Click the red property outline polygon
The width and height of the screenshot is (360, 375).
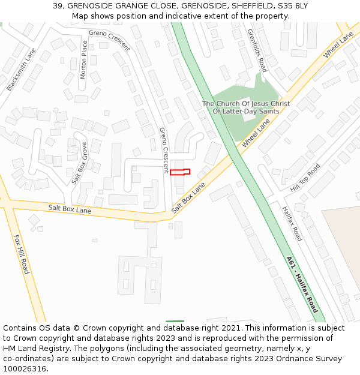point(180,172)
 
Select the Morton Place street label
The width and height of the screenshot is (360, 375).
point(84,60)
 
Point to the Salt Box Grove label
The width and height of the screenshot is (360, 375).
point(79,163)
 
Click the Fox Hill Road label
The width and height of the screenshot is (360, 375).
point(21,254)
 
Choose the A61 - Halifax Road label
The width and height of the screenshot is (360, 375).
point(302,284)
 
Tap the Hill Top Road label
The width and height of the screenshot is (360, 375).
point(305,178)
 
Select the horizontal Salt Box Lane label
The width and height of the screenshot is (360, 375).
point(70,209)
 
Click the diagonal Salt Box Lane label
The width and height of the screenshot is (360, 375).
point(188,198)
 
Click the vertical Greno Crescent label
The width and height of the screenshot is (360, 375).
point(163,150)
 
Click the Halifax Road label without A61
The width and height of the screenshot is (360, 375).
point(292,224)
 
